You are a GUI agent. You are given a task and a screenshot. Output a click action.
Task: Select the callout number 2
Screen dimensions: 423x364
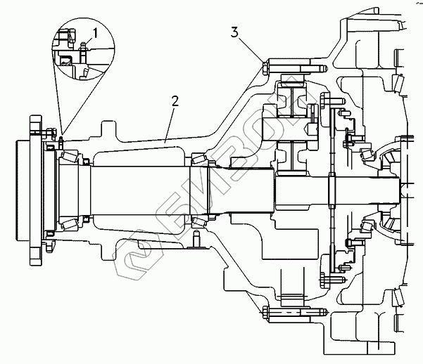175,101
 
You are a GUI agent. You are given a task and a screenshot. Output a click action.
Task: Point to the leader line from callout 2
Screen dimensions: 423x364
170,124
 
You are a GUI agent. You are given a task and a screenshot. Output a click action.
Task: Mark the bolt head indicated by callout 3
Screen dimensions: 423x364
264,69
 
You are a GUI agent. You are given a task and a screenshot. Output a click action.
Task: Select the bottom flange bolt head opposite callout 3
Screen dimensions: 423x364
264,310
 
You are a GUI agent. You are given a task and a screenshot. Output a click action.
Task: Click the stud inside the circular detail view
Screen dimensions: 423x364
82,51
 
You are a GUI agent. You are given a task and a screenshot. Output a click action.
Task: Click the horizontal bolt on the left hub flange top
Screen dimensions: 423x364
48,133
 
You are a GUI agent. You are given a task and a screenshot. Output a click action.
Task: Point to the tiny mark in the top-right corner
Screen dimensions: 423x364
412,4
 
